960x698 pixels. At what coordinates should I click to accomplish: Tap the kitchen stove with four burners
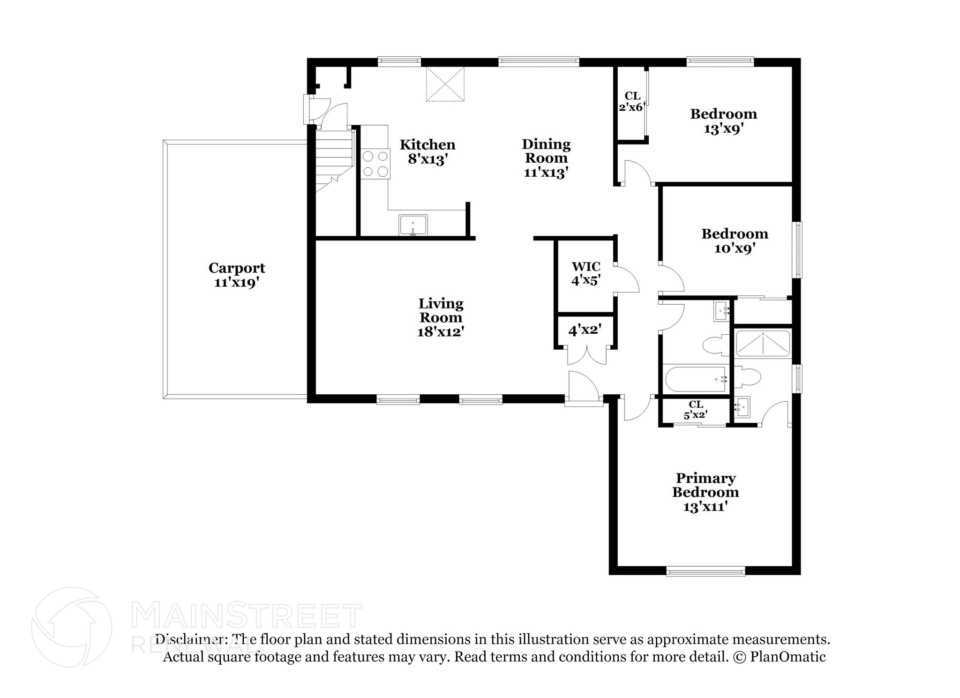click(375, 164)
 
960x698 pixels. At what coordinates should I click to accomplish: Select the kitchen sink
click(413, 225)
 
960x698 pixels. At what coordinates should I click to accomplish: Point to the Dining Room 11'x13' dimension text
click(546, 173)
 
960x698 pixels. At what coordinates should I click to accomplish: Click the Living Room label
click(441, 310)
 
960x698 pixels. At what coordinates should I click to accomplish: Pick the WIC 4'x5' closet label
click(585, 273)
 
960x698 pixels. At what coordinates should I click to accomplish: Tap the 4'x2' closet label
click(585, 330)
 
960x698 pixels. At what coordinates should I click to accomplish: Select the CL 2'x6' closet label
click(632, 101)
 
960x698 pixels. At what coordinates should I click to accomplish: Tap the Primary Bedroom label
click(705, 485)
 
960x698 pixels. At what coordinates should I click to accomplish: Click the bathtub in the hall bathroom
click(696, 379)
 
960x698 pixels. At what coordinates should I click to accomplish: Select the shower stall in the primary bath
click(763, 344)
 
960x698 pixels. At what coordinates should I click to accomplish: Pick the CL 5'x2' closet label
click(696, 409)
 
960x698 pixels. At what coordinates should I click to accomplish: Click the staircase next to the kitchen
click(333, 157)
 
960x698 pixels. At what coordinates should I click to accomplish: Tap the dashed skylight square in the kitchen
click(445, 84)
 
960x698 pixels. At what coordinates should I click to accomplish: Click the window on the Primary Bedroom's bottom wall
click(705, 571)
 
